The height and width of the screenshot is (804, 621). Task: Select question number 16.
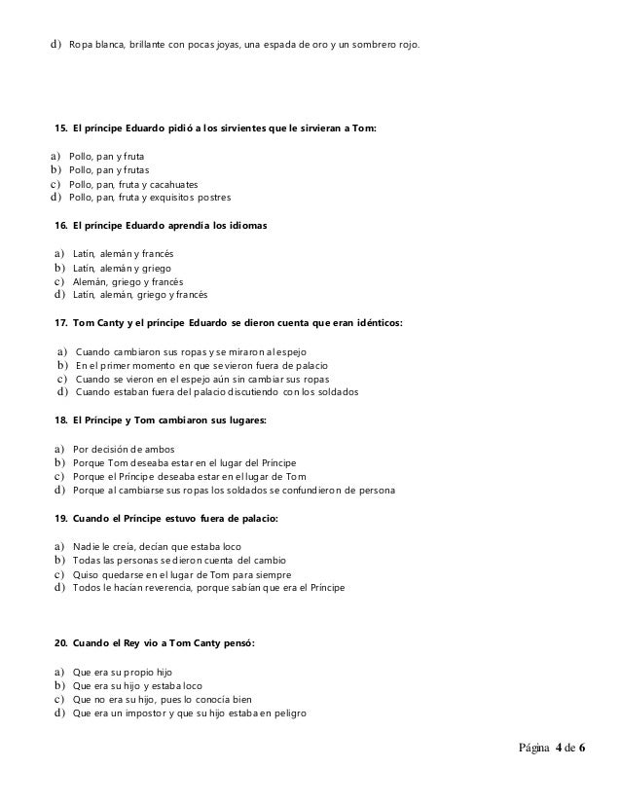click(61, 226)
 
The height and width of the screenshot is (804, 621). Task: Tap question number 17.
click(61, 322)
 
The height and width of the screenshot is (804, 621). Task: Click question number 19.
click(61, 520)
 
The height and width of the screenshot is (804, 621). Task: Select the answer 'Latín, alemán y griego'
click(126, 268)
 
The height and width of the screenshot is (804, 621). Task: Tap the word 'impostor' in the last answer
click(137, 713)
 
